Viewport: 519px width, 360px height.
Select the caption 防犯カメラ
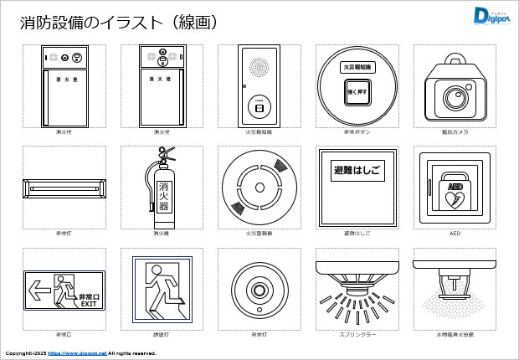455,132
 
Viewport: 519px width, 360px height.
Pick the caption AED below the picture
455,234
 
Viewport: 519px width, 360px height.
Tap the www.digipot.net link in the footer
77,353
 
